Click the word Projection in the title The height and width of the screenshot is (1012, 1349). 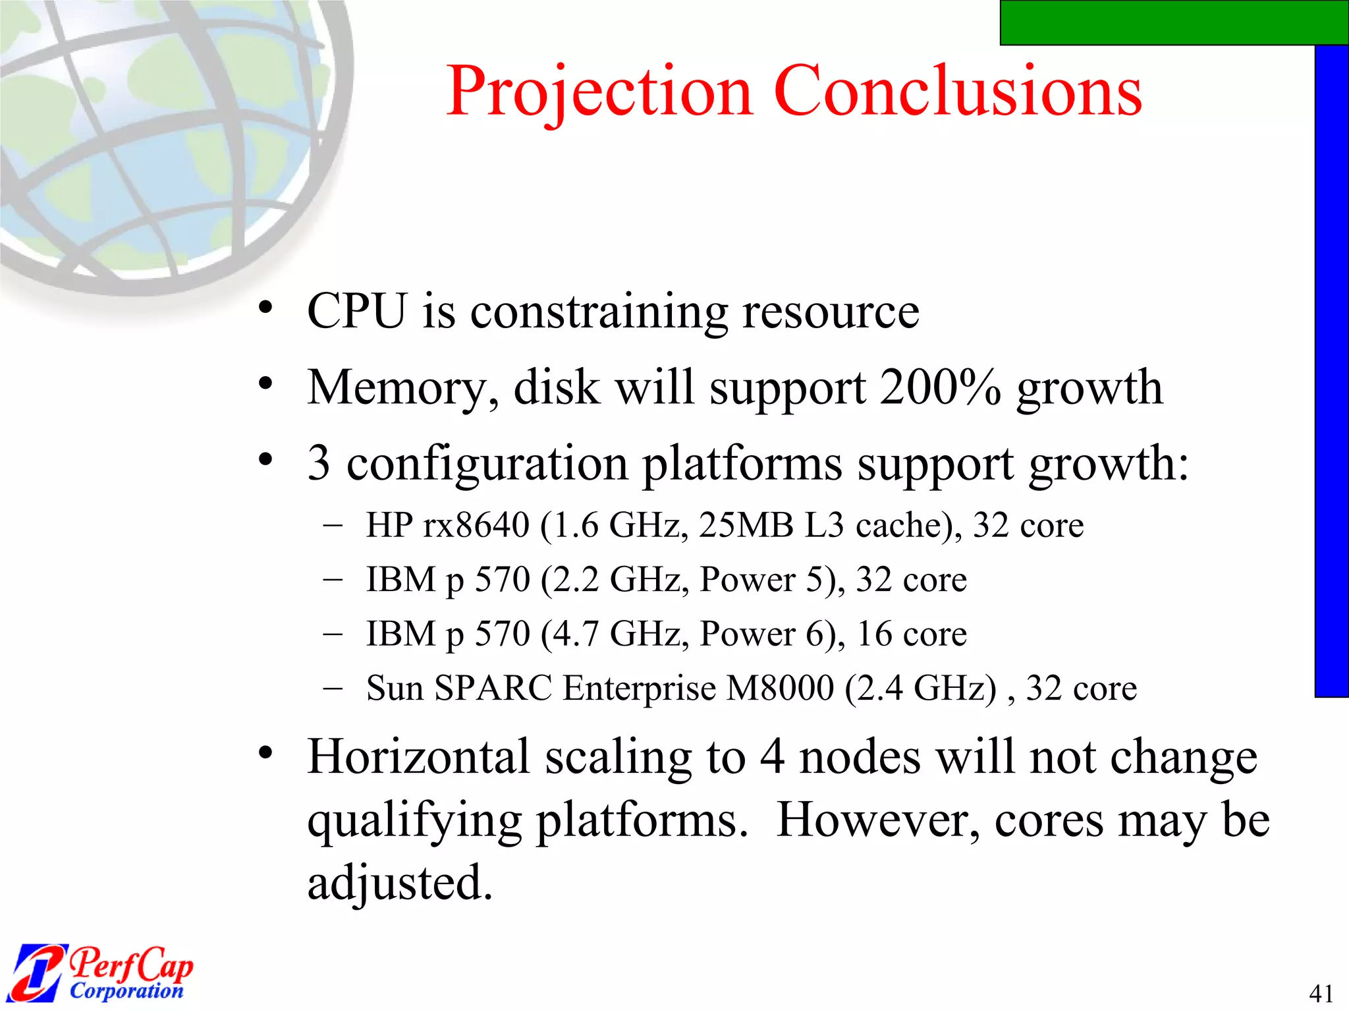pos(598,92)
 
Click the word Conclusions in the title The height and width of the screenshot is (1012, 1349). pos(958,92)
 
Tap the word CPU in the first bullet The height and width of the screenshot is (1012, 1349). pos(356,311)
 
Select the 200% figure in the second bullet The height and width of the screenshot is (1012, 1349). pos(940,387)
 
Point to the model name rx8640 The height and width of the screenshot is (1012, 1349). pos(476,526)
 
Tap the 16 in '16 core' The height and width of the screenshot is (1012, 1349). pos(874,634)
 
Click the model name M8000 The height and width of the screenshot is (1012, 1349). pos(780,689)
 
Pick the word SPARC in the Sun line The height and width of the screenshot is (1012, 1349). pos(493,689)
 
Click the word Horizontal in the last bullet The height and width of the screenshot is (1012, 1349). pos(419,757)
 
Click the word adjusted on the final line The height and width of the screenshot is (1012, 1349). pos(399,883)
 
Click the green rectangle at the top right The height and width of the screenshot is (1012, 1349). pos(1173,22)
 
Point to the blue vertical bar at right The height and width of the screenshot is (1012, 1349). pos(1331,369)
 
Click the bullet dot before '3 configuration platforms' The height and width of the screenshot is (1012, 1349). pos(265,460)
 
